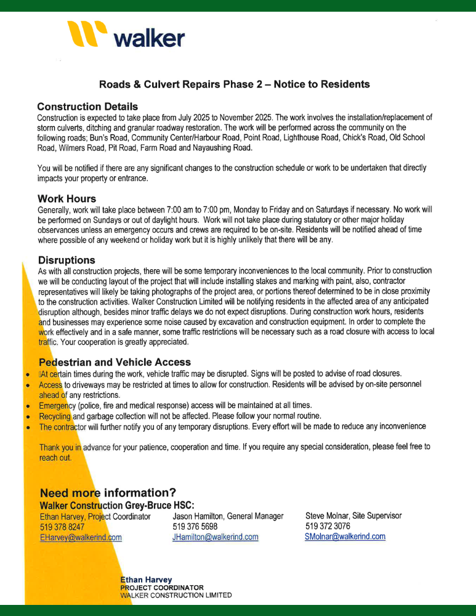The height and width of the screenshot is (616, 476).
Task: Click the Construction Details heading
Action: point(87,107)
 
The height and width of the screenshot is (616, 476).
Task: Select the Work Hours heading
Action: point(67,199)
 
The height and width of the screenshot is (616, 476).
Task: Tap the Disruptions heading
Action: point(66,260)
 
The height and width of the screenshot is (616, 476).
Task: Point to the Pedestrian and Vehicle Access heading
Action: point(115,362)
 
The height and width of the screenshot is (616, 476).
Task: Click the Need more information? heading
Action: point(108,493)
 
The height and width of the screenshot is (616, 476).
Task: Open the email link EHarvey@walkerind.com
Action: point(81,537)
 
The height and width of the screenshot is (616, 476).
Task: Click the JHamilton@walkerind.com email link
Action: point(215,537)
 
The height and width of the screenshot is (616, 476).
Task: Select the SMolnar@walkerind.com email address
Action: point(345,537)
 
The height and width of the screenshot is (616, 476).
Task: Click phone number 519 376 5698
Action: point(195,527)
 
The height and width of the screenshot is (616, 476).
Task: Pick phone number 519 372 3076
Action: point(328,526)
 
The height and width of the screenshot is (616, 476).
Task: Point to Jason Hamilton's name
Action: point(198,516)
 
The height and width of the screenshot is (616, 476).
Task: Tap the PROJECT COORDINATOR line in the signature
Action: point(162,588)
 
